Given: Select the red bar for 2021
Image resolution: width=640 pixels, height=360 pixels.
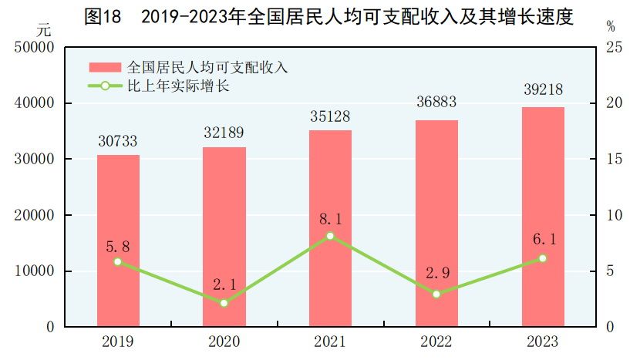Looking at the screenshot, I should [330, 228].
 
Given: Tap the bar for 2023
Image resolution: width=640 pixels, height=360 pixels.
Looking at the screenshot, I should [543, 217].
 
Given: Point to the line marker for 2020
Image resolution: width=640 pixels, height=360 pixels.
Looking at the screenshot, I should [224, 303].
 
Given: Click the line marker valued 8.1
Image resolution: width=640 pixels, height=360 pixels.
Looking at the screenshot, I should [330, 236].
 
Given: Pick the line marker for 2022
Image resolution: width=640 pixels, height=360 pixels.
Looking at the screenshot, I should [436, 294].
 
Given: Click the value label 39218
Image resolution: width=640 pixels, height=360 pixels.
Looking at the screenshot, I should [543, 93].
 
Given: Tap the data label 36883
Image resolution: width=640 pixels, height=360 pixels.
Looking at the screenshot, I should [436, 106].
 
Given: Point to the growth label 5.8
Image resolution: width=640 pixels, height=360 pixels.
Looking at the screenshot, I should [118, 247].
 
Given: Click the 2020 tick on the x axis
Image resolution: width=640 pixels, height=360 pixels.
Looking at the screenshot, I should [224, 341].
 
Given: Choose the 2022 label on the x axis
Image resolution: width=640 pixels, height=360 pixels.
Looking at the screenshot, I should [436, 341].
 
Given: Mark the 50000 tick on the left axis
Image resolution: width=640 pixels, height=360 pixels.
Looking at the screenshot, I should [33, 48].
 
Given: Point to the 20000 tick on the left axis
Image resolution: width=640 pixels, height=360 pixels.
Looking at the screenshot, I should [33, 215].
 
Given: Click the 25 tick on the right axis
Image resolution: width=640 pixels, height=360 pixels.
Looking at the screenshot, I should [614, 48].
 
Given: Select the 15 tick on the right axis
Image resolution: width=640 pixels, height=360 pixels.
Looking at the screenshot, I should [614, 159].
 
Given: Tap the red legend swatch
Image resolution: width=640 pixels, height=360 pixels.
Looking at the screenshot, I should [105, 67].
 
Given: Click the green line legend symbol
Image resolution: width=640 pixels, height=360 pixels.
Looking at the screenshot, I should [105, 86].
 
